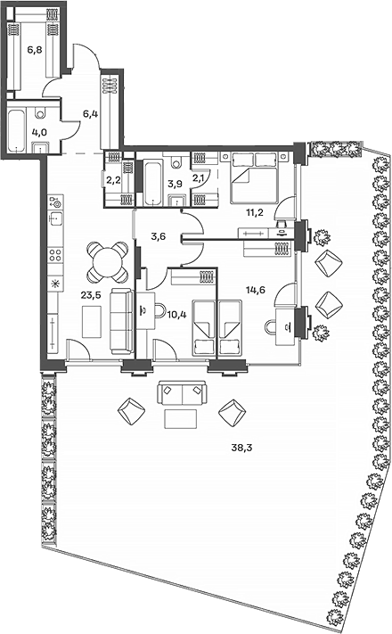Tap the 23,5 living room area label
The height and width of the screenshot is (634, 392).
91,295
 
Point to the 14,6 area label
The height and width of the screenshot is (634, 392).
256,290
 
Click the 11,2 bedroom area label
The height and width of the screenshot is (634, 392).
256,212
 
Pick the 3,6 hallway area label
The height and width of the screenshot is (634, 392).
159,236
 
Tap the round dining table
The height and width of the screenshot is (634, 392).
107,262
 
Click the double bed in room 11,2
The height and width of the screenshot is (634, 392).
254,177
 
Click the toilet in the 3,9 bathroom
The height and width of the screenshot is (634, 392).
176,161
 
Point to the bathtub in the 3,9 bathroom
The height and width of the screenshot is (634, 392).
152,184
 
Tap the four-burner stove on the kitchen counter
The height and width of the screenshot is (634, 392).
55,255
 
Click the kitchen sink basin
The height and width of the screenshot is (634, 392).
55,219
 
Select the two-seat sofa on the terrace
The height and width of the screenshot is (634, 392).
183,392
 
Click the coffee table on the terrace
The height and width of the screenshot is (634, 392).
181,418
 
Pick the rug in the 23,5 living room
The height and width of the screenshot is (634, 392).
92,322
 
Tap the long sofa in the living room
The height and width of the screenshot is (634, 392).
122,321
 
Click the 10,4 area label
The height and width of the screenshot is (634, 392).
176,315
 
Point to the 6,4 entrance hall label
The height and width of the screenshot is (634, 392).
91,114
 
